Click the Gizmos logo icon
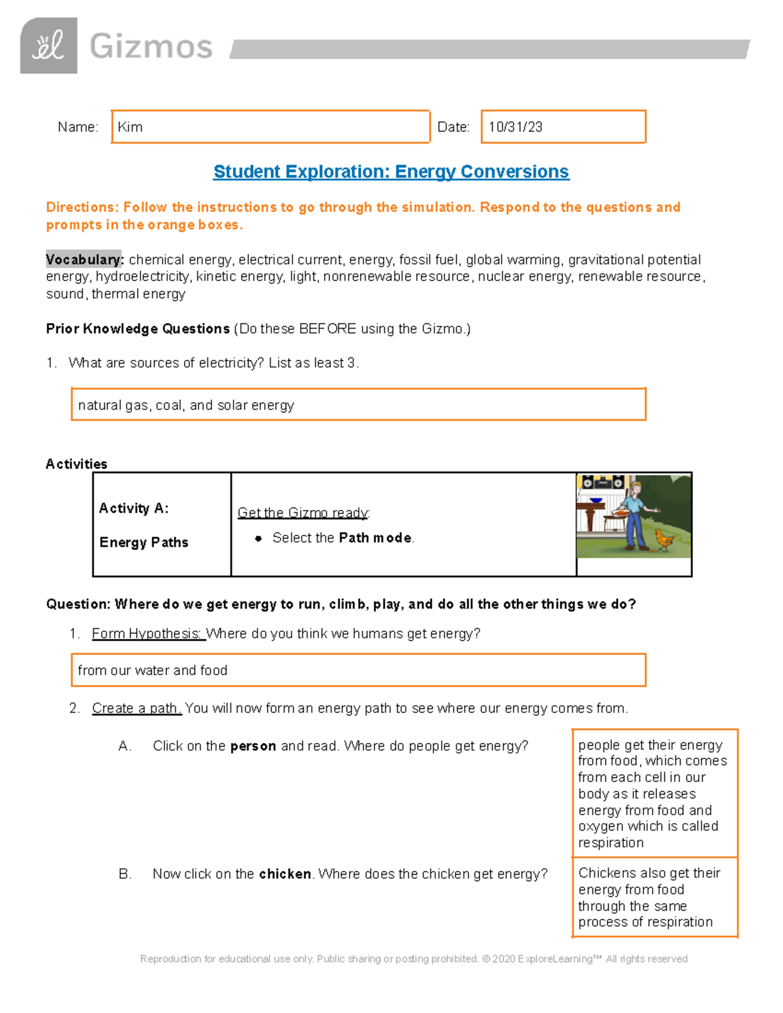tap(48, 46)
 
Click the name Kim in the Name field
tap(130, 127)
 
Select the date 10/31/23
tap(515, 127)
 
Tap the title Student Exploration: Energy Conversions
tap(391, 172)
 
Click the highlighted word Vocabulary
tap(84, 260)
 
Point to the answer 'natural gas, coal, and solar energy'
tap(186, 405)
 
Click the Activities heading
tap(76, 464)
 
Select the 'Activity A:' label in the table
tap(134, 508)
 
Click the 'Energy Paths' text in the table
tap(144, 542)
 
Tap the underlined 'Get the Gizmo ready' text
tap(303, 513)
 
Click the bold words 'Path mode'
tap(375, 537)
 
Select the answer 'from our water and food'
tap(153, 670)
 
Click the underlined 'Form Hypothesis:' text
tap(147, 633)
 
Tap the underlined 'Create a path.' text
tap(136, 708)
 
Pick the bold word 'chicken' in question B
tap(284, 873)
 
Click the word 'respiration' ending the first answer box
tap(611, 843)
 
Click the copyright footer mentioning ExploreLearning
tap(414, 959)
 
